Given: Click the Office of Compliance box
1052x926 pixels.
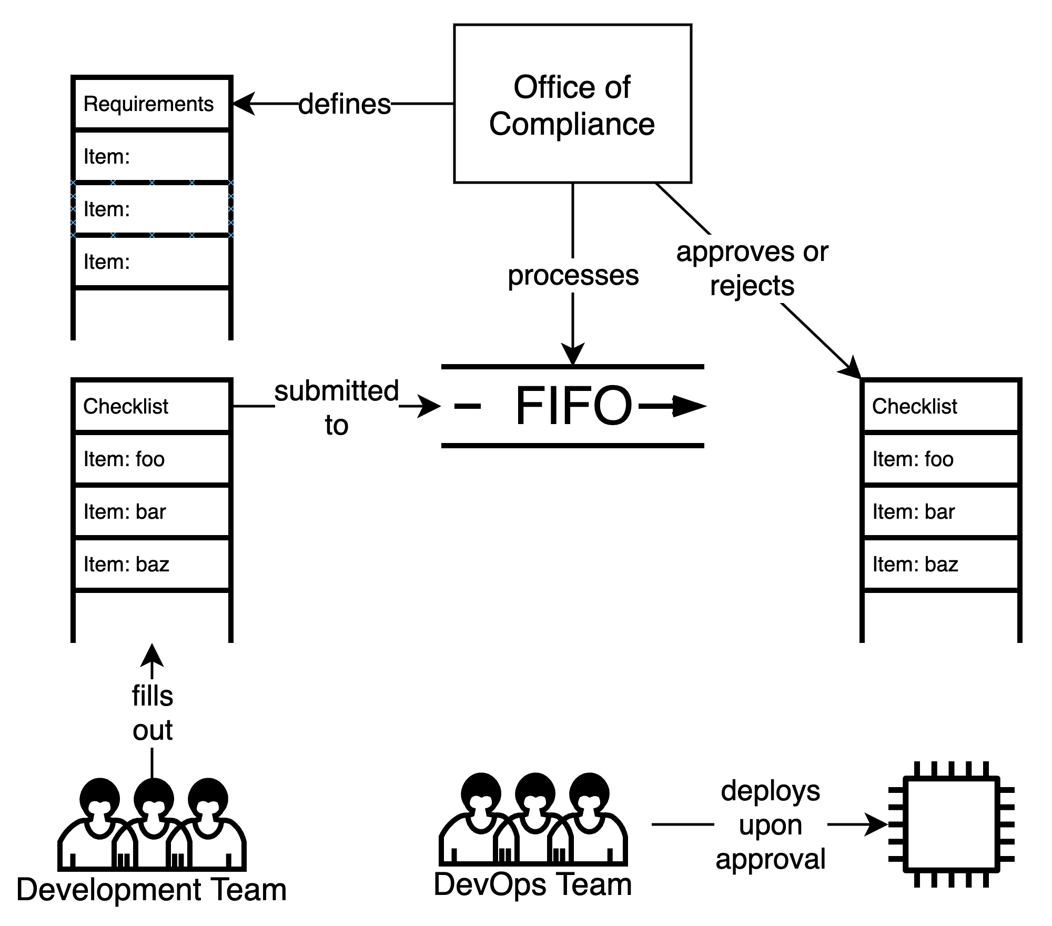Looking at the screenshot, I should click(572, 104).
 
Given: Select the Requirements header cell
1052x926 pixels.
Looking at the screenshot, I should click(151, 104).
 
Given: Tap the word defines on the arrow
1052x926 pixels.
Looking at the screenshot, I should click(345, 104).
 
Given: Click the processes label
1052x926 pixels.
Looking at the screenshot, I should click(573, 275).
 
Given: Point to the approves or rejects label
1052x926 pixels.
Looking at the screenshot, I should click(752, 268).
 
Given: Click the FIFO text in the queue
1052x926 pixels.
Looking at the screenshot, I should click(573, 406).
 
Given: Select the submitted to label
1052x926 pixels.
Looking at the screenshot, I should click(337, 407).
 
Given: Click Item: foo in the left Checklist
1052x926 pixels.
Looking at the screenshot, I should click(151, 459).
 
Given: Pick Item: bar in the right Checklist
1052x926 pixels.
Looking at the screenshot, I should click(940, 511).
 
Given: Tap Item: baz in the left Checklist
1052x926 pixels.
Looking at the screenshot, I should click(151, 564).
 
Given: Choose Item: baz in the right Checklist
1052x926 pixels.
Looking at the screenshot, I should click(940, 564).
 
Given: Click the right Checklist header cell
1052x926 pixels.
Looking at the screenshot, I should click(940, 406).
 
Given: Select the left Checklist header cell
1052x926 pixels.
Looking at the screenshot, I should click(151, 406).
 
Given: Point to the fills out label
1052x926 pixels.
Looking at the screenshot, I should click(153, 712).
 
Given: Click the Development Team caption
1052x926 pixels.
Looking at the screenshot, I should click(151, 890).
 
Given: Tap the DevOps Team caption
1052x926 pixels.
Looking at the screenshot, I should click(533, 884).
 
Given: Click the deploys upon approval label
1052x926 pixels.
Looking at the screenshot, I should click(770, 824).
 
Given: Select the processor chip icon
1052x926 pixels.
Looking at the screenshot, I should click(951, 824).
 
